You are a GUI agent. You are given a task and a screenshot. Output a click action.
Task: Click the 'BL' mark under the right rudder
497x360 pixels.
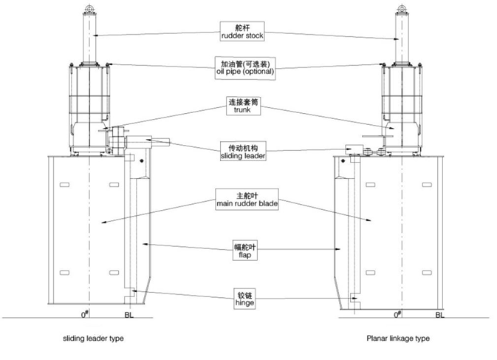tap(440, 315)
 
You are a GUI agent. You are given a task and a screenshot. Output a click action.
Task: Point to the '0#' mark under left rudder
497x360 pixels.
tap(86, 313)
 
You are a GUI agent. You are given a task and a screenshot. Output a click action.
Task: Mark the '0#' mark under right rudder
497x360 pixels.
tap(398, 314)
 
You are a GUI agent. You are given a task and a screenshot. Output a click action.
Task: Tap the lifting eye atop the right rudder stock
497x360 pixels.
tap(402, 8)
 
